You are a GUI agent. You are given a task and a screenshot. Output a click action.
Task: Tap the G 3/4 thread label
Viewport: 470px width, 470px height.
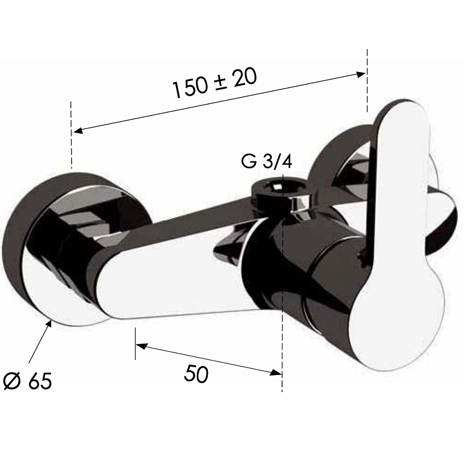(x=266, y=162)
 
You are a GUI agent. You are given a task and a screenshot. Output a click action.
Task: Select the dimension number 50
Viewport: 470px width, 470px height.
(x=196, y=374)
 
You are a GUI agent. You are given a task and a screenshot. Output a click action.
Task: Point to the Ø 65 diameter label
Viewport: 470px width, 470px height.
(x=28, y=381)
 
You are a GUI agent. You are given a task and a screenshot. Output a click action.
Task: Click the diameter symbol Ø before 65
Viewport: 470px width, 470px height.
(x=13, y=381)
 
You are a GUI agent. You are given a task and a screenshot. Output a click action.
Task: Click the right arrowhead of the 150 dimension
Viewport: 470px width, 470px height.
(x=361, y=74)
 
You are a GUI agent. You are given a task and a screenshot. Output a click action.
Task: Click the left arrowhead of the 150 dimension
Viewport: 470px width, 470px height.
(x=78, y=131)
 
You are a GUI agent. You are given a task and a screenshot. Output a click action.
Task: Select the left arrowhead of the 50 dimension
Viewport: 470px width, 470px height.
(x=141, y=346)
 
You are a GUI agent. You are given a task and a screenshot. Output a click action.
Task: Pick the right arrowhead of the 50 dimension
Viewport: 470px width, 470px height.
(x=276, y=372)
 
